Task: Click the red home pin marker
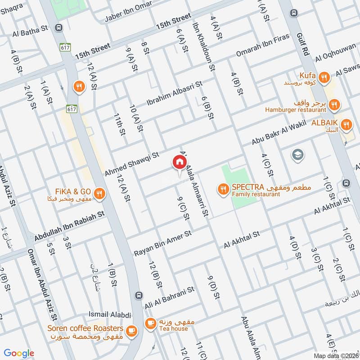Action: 179,162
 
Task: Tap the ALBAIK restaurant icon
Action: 346,125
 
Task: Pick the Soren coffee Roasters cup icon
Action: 131,331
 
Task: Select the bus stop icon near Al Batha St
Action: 59,28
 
